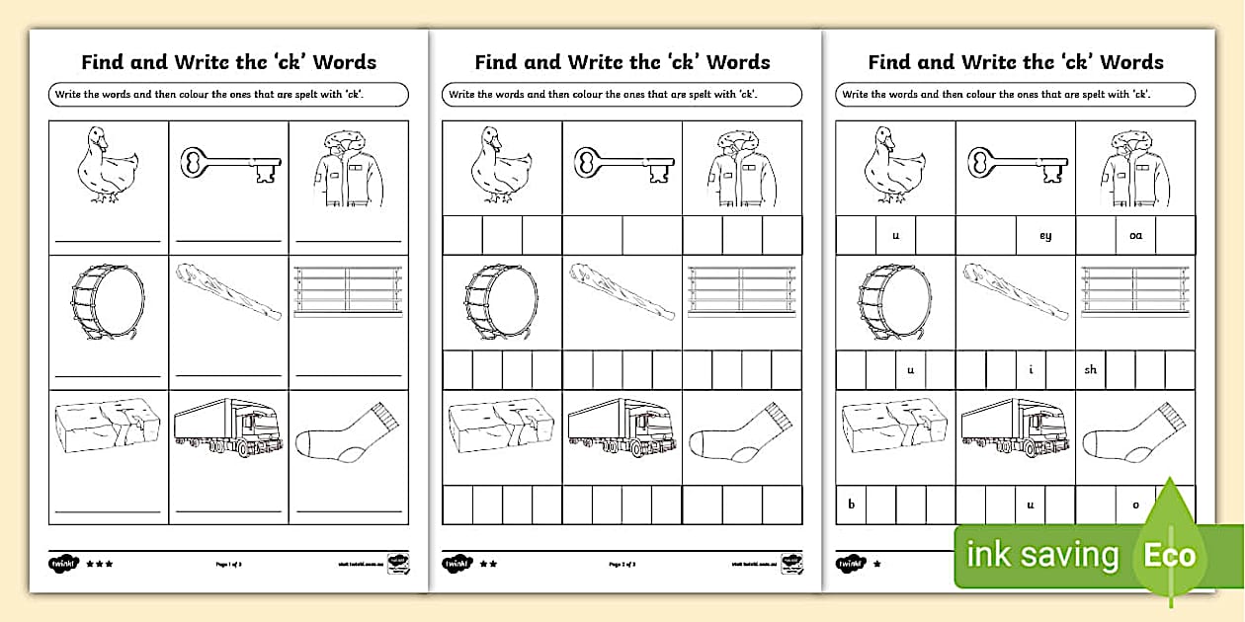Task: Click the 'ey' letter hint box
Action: coord(1045,236)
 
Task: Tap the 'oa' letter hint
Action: coord(1135,236)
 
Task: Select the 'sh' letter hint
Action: coord(1091,370)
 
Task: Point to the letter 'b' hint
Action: coord(851,505)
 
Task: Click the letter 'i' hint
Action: coord(1031,370)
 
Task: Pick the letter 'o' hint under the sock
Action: coord(1135,505)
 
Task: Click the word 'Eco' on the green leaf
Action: coord(1170,556)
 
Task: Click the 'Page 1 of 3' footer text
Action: coord(229,564)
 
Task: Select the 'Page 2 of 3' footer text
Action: coord(622,564)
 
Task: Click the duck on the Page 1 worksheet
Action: coord(107,165)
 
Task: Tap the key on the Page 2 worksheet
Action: coord(622,165)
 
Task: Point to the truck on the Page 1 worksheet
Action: coord(228,428)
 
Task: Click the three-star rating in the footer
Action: coord(99,564)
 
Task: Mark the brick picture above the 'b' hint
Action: coord(895,426)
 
